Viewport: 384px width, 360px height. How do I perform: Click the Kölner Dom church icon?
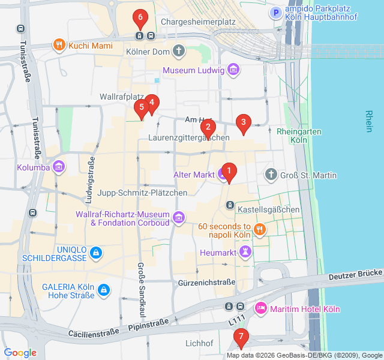(x=179, y=51)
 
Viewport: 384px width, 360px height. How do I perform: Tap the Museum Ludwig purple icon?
(x=233, y=71)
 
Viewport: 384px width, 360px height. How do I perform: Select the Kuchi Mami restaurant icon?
(x=59, y=45)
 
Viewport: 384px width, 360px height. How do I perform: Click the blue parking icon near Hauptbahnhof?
(x=275, y=13)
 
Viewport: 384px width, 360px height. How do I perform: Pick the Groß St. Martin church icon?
(x=271, y=175)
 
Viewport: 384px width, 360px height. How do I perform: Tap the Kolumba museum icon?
(x=59, y=167)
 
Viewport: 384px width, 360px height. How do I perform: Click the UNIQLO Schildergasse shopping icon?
(x=96, y=254)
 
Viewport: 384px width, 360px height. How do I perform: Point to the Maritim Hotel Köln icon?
(x=261, y=309)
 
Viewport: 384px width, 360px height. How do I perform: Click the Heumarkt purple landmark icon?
(x=245, y=253)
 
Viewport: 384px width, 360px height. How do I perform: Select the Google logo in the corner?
(x=20, y=353)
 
